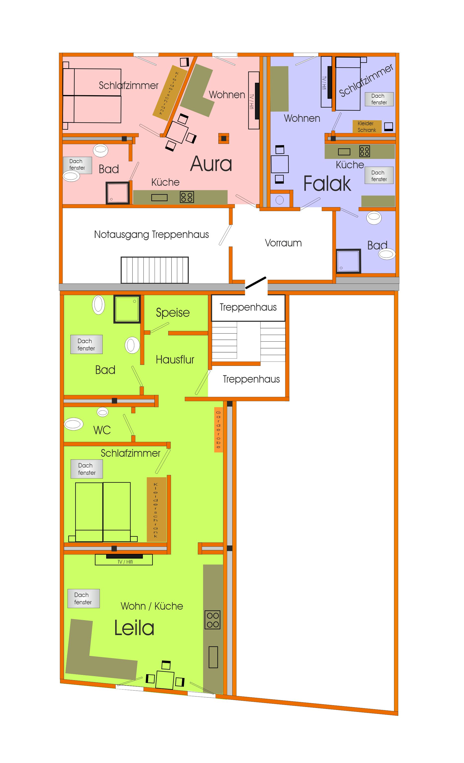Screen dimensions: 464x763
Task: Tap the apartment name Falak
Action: coord(327,183)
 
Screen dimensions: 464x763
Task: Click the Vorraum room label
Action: coord(283,243)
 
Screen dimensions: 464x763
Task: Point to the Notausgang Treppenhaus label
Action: coord(151,235)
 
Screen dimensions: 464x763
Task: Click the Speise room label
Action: coord(172,313)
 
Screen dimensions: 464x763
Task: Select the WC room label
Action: coord(102,430)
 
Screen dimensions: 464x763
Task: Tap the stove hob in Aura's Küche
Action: coord(187,197)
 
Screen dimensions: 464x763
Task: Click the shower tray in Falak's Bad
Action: coord(348,261)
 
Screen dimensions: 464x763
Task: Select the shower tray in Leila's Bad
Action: coord(127,309)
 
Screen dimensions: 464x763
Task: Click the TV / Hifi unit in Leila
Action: coord(124,560)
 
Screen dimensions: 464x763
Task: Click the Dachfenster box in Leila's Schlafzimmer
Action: coord(87,469)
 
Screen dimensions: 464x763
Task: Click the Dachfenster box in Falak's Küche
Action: coord(379,176)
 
